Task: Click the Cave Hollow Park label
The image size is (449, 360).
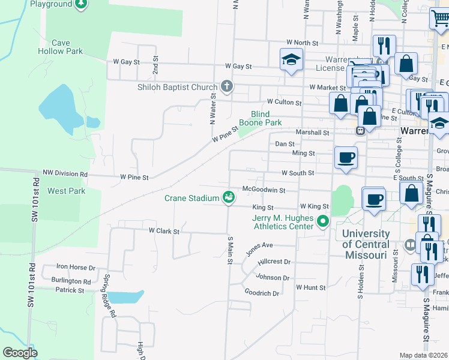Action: tap(67, 47)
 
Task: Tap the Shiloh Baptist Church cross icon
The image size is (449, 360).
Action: tap(227, 86)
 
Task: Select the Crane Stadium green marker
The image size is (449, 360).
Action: tap(229, 197)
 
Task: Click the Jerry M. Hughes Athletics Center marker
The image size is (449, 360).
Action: tap(323, 222)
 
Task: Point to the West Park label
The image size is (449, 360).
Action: tap(66, 191)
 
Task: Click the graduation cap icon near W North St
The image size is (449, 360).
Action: tap(291, 59)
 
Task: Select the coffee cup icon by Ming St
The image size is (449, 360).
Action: tap(346, 157)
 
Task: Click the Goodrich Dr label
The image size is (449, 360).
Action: tap(262, 293)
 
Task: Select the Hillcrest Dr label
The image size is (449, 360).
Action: tap(274, 262)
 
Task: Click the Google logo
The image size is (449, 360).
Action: tap(20, 353)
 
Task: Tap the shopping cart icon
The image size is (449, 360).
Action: tap(440, 19)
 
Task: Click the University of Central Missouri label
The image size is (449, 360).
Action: tap(364, 244)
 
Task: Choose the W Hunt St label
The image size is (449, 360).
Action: tap(310, 287)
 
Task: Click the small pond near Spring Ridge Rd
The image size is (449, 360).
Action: tap(124, 296)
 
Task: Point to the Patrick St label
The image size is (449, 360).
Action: tap(70, 290)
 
